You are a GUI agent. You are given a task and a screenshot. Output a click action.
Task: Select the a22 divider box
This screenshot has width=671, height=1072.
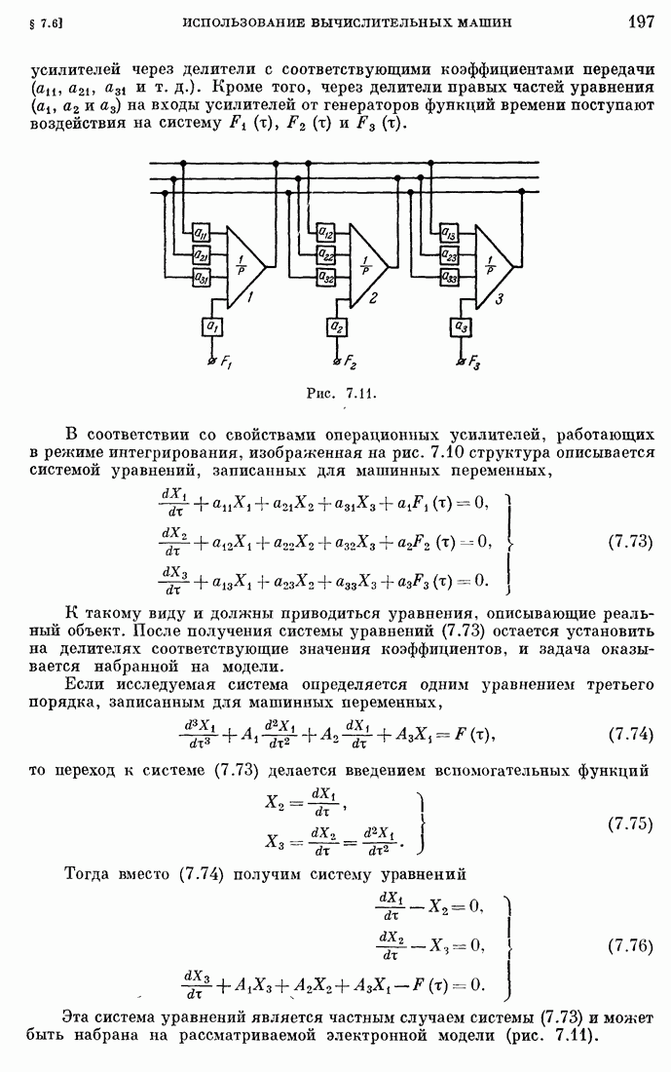[326, 256]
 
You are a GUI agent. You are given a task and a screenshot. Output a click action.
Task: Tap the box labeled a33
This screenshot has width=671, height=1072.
[450, 279]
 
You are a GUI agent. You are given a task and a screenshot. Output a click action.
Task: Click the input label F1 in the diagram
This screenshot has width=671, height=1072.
[225, 365]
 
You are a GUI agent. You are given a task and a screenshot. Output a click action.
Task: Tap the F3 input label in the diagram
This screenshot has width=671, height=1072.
[474, 365]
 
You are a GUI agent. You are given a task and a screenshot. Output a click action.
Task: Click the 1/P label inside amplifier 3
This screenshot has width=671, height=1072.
[490, 262]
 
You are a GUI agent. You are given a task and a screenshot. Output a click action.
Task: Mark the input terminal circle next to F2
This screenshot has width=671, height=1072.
[337, 362]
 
